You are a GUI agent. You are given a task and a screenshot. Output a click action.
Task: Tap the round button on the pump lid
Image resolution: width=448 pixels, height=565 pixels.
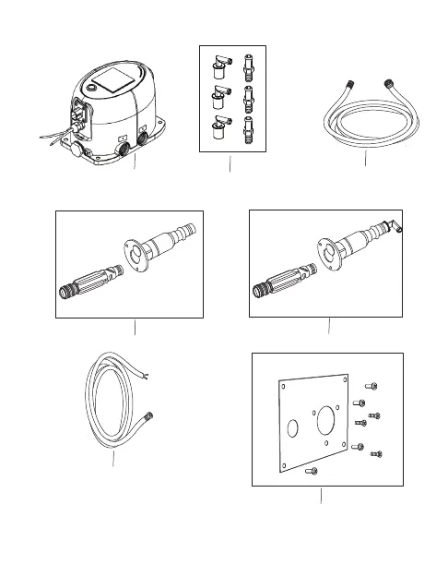pos(93,87)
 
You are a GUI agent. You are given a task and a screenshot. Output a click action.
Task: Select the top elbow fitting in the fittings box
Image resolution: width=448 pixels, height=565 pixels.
pos(218,65)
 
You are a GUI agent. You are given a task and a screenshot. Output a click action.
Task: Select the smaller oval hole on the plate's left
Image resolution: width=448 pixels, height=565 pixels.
pos(293,429)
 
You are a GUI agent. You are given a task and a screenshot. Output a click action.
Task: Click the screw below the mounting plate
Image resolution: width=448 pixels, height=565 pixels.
pos(310,471)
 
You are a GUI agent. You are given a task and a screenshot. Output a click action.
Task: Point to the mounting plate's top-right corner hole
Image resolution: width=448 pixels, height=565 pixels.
pos(345,379)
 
